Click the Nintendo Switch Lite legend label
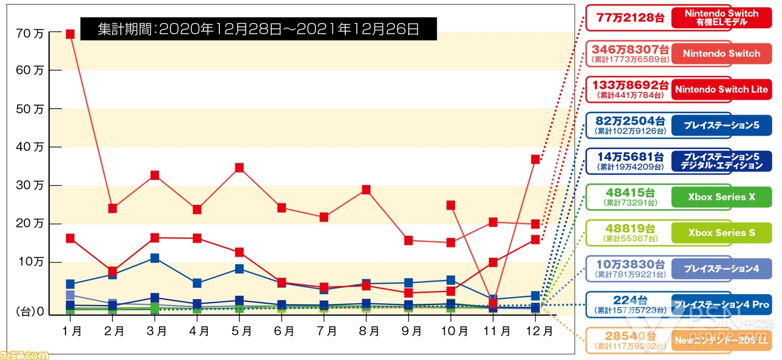pyautogui.click(x=721, y=90)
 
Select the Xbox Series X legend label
pyautogui.click(x=721, y=197)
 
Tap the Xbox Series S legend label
pyautogui.click(x=721, y=233)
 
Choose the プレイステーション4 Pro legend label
pyautogui.click(x=721, y=304)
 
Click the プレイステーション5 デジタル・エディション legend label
pyautogui.click(x=721, y=161)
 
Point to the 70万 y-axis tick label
pyautogui.click(x=29, y=34)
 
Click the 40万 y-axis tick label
pyautogui.click(x=29, y=147)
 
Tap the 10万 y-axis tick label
pyautogui.click(x=29, y=262)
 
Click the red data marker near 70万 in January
pyautogui.click(x=70, y=34)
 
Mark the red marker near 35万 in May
pyautogui.click(x=239, y=167)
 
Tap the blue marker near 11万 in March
pyautogui.click(x=155, y=258)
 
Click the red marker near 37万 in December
pyautogui.click(x=536, y=159)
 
